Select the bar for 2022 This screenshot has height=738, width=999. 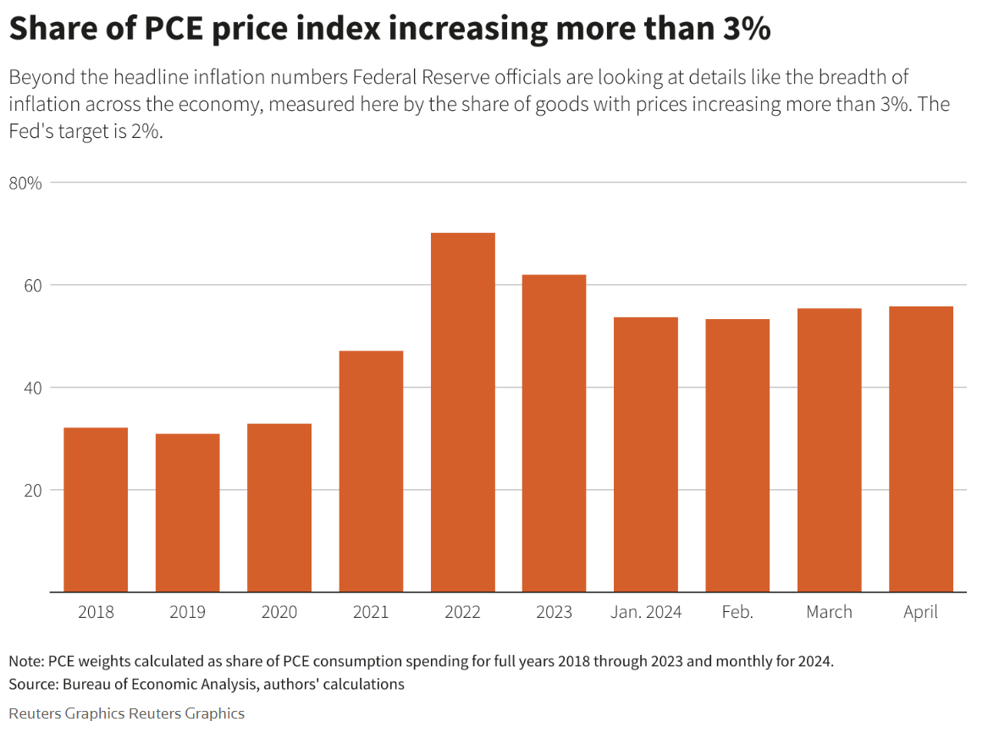point(462,412)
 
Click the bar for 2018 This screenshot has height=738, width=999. point(96,509)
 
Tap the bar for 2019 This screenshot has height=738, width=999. point(187,513)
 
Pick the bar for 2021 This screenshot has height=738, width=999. point(371,471)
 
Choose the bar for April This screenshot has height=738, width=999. point(920,449)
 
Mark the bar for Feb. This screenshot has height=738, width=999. point(737,455)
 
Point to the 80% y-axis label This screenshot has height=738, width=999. point(25,183)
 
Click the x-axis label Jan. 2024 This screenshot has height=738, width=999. point(646,612)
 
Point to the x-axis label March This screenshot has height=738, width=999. point(829,612)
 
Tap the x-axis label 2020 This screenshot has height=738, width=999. point(279,612)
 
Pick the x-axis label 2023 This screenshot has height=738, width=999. point(554,612)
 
